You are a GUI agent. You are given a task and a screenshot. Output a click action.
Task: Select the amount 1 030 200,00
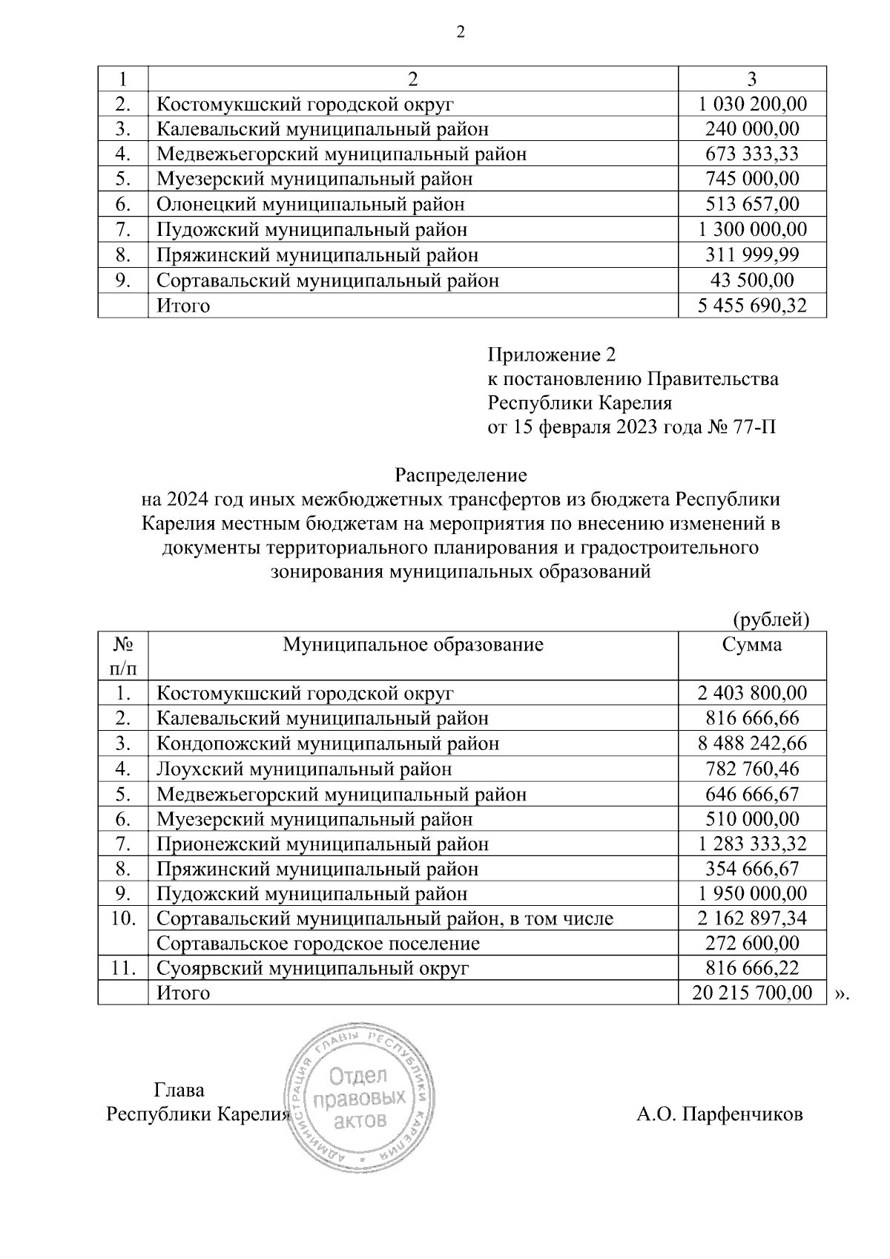click(x=752, y=104)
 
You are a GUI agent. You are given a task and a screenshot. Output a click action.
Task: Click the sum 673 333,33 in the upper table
click(x=752, y=154)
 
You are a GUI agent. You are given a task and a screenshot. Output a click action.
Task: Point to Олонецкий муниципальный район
click(x=310, y=204)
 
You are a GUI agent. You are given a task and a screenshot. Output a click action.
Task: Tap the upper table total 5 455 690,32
click(x=752, y=306)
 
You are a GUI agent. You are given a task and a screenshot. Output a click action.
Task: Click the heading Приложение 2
click(x=552, y=355)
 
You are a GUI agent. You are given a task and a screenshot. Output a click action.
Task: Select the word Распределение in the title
click(x=461, y=473)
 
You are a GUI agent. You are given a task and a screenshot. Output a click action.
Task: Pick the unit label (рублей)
click(x=770, y=619)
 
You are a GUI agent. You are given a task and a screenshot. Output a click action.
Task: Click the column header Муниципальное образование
click(x=413, y=644)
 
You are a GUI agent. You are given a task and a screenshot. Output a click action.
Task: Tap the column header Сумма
click(x=752, y=644)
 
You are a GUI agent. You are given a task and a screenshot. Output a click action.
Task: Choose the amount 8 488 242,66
click(x=752, y=743)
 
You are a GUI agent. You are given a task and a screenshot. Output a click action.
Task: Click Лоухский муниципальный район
click(x=304, y=769)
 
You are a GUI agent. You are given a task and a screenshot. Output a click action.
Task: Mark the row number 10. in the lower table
click(x=123, y=918)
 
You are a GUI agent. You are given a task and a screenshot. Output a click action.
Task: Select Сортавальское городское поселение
click(x=318, y=944)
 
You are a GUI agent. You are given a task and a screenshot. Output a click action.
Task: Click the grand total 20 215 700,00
click(x=752, y=993)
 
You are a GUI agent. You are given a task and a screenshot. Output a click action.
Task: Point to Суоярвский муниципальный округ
click(x=313, y=968)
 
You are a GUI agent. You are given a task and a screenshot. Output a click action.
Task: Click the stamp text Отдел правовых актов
click(x=360, y=1097)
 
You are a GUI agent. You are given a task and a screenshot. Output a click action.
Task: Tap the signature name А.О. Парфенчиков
click(x=719, y=1114)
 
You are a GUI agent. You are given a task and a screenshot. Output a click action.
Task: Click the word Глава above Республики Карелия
click(x=179, y=1090)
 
